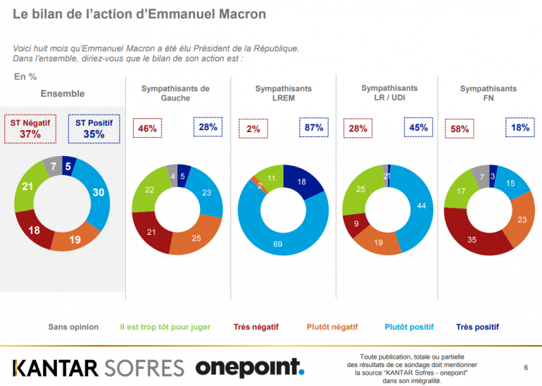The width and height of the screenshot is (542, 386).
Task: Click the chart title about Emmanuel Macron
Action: pos(139,13)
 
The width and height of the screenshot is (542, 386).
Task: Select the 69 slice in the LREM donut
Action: pos(278,240)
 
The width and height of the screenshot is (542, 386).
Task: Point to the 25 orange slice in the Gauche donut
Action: pos(195,238)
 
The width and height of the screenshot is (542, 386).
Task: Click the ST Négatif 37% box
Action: pos(30,128)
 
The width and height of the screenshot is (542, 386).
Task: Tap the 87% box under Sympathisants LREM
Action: pos(314,128)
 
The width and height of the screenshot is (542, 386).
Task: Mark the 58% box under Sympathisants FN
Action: pos(460,129)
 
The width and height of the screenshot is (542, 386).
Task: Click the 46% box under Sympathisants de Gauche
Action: pos(147,129)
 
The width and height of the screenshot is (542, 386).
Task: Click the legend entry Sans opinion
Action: pos(73,327)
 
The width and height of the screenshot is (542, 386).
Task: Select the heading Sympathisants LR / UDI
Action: pos(389,92)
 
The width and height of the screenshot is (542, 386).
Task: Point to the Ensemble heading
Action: pos(62,94)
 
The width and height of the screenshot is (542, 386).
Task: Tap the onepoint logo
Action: pos(249,367)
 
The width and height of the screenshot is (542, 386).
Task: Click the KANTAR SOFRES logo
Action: pos(99,367)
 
